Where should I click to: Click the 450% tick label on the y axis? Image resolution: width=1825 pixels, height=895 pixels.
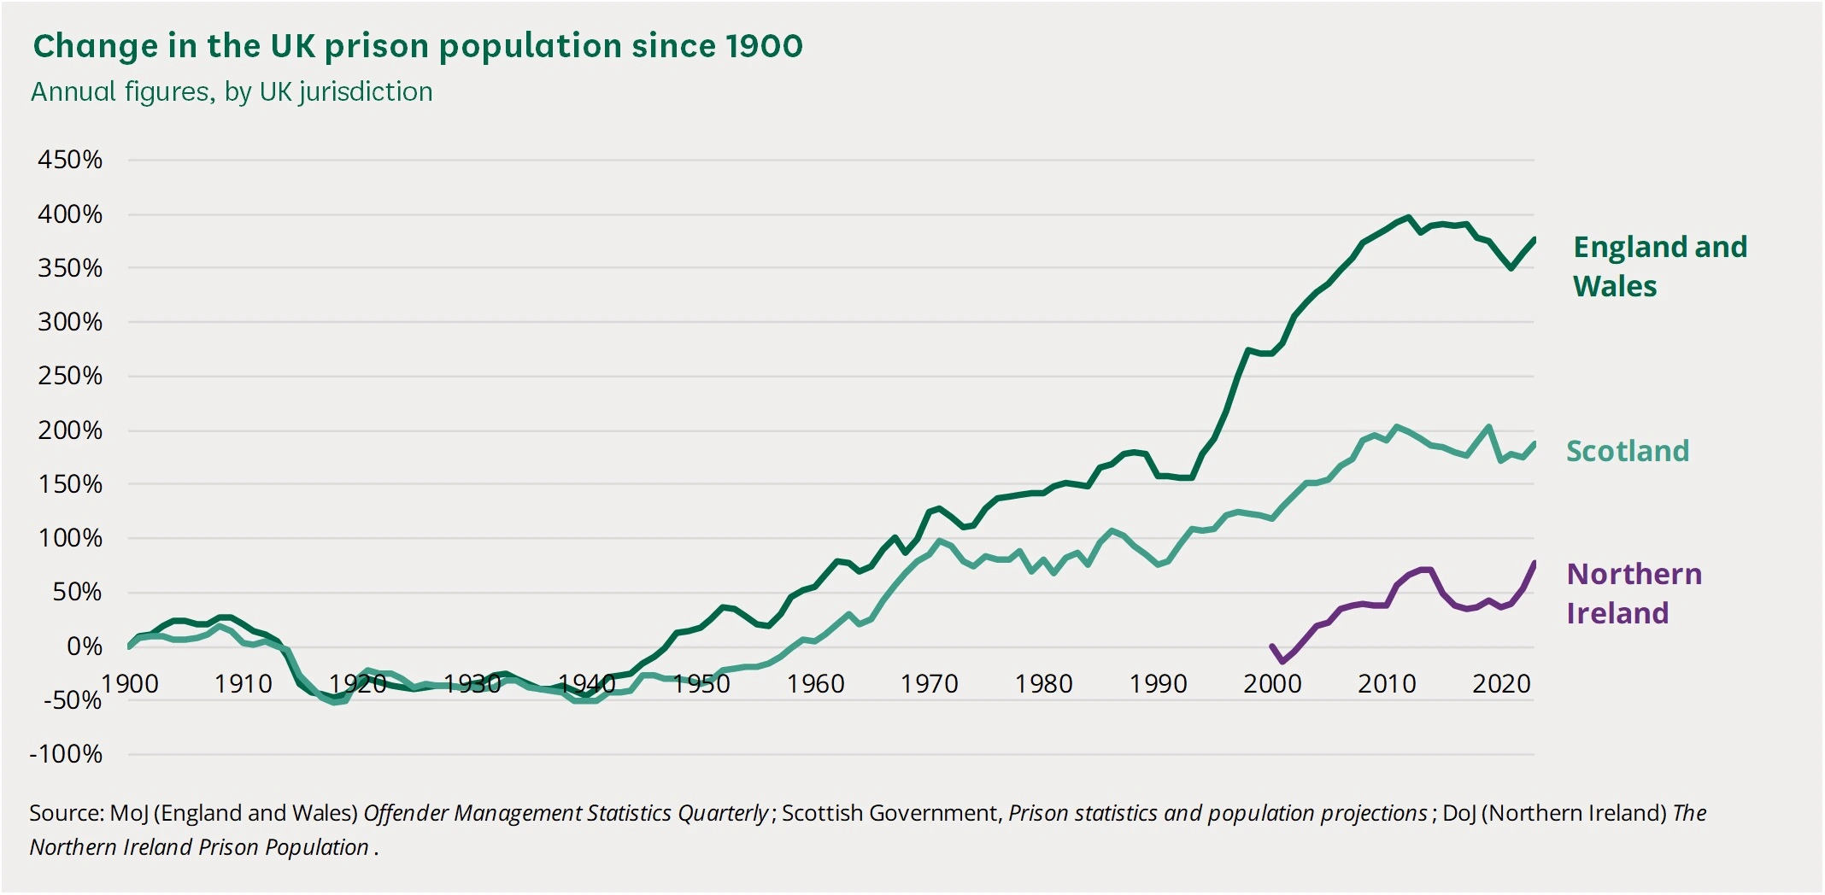[70, 160]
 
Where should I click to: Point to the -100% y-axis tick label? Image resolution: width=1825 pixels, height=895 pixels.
[66, 754]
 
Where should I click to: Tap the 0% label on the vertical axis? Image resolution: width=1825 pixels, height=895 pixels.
[85, 646]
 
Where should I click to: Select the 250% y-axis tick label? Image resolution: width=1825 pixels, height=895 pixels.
[70, 376]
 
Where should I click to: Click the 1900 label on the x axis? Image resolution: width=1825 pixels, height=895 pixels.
[130, 684]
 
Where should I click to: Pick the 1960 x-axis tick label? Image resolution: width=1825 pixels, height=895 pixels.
[815, 684]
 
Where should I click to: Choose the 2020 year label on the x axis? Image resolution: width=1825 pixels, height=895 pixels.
[1500, 684]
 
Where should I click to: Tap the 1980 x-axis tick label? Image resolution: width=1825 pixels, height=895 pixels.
[1043, 684]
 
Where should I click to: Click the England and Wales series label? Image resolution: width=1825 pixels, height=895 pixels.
[1659, 266]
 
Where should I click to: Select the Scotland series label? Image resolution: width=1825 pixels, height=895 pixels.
[1627, 451]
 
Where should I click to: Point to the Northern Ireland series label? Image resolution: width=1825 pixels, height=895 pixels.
[1634, 594]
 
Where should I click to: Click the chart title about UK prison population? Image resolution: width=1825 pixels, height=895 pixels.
[418, 46]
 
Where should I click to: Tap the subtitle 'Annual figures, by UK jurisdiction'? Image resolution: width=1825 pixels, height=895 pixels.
[232, 91]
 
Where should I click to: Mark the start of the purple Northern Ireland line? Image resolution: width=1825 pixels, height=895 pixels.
[1271, 646]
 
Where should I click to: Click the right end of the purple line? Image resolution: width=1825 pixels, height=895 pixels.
[1535, 563]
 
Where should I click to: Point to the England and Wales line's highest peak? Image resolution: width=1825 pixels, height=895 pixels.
[1408, 218]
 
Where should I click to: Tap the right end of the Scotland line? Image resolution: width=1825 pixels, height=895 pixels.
[1535, 443]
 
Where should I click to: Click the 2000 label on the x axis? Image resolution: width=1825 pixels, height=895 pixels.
[1272, 684]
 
